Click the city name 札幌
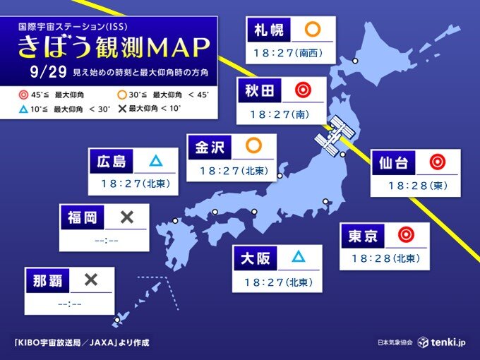click(268, 30)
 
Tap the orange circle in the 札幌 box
click(311, 30)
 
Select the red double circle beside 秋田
click(303, 90)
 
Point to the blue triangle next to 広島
click(155, 161)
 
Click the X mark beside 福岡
click(127, 217)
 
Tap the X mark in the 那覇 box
click(91, 280)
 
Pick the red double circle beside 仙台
click(438, 163)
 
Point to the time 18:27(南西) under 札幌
click(288, 54)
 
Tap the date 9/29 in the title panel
click(44, 73)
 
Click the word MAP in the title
click(176, 48)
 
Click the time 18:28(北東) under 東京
click(385, 258)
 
